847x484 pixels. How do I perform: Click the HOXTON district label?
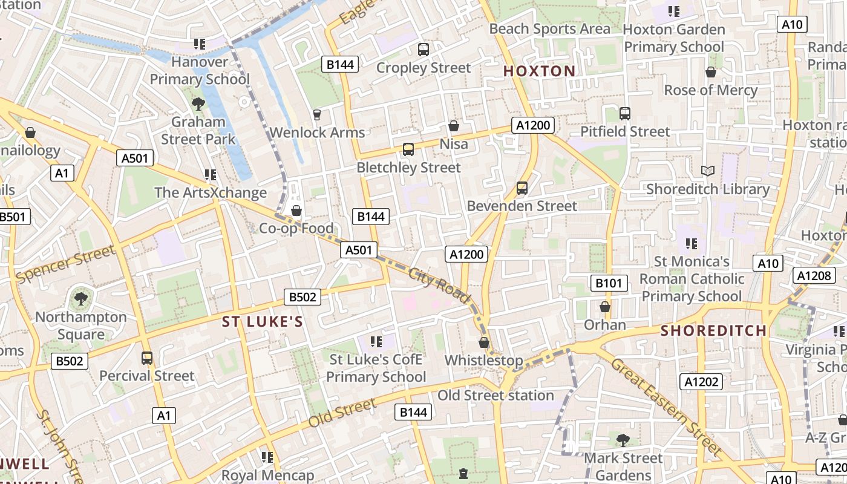click(x=539, y=71)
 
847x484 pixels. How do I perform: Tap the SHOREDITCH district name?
click(x=713, y=331)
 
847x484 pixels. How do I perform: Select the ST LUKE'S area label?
click(x=262, y=322)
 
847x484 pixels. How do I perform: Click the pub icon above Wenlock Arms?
click(x=316, y=114)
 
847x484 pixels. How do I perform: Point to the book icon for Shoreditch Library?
click(x=707, y=171)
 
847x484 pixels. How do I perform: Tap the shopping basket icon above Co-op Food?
click(x=296, y=211)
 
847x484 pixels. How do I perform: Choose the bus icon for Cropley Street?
click(x=423, y=50)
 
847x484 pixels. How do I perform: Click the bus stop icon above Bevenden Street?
click(x=522, y=188)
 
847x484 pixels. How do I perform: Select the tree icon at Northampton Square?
click(x=80, y=299)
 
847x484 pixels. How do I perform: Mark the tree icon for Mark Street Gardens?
click(x=623, y=440)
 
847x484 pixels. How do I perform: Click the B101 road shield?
click(x=609, y=283)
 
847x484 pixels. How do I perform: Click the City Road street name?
click(x=439, y=285)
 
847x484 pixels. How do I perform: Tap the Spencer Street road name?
click(x=65, y=264)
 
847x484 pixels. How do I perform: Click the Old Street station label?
click(x=495, y=396)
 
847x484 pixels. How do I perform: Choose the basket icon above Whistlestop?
click(x=483, y=342)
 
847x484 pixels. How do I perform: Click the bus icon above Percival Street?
click(x=147, y=358)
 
